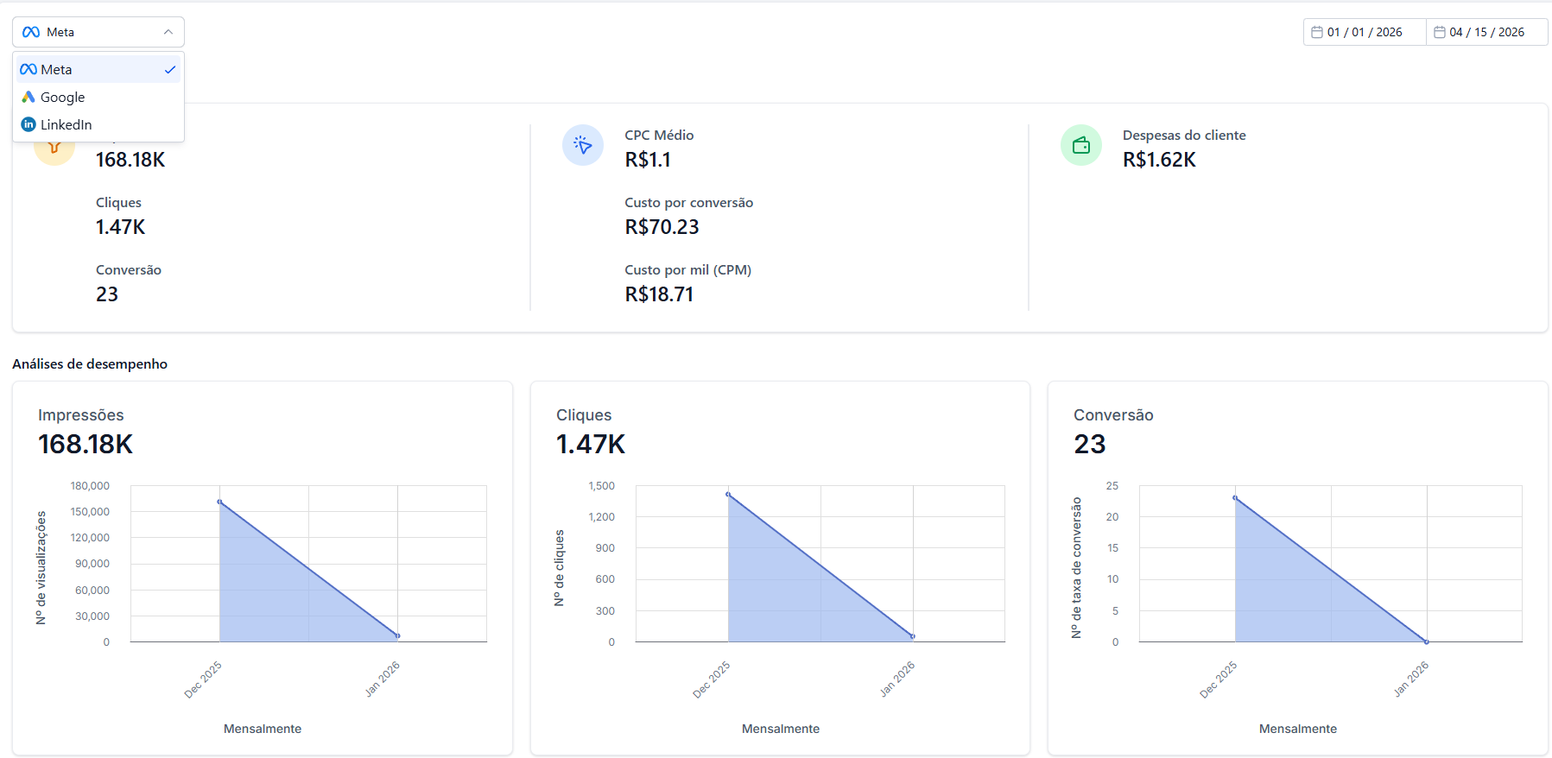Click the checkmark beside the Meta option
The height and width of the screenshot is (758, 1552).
(170, 70)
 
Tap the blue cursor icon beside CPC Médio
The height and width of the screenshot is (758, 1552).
(583, 145)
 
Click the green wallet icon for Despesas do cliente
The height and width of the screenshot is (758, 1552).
(1081, 145)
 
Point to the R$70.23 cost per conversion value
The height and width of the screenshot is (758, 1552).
(662, 227)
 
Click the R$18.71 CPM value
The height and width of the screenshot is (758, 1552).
(659, 294)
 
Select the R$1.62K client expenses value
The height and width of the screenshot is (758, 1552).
(1159, 160)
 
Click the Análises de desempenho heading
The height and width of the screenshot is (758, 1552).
(90, 364)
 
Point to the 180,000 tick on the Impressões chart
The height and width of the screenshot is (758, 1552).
(90, 486)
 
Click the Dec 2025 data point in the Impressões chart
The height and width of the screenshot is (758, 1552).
(219, 502)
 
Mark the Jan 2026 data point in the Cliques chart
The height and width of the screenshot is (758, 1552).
(913, 636)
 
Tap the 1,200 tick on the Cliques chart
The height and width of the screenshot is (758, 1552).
(602, 517)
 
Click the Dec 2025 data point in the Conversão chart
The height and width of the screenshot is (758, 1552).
(1235, 498)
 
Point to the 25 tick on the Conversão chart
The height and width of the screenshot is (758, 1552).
(1112, 486)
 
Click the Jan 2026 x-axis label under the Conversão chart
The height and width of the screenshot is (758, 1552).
(1411, 679)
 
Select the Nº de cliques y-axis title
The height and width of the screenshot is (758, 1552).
(559, 568)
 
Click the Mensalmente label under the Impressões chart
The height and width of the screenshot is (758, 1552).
(263, 729)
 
